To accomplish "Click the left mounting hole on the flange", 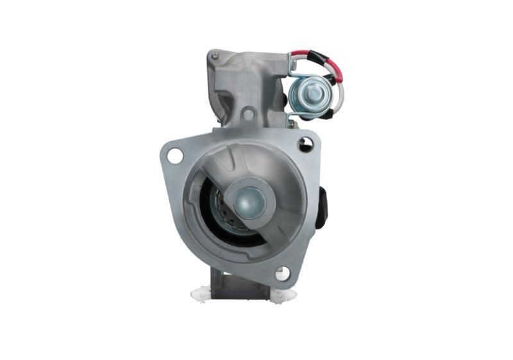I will pyautogui.click(x=174, y=155).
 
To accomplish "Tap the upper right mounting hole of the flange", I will pyautogui.click(x=305, y=145).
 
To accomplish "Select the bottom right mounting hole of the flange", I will pyautogui.click(x=282, y=273).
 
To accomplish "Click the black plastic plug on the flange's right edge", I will pyautogui.click(x=322, y=207).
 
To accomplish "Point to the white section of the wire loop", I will pyautogui.click(x=341, y=96).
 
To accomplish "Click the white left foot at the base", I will pyautogui.click(x=201, y=293).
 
